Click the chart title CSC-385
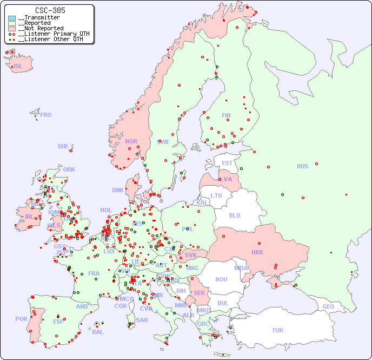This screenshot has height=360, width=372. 50,10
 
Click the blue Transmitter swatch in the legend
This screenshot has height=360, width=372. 12,18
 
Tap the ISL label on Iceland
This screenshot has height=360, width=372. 18,67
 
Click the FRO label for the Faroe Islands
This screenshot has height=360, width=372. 46,115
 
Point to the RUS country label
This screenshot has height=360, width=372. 302,166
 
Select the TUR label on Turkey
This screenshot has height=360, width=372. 277,330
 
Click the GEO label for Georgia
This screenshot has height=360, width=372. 328,306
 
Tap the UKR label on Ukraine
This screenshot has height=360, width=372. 257,252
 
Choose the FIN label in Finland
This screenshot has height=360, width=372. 226,115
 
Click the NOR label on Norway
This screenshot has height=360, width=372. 131,141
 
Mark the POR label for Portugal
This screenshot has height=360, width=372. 21,319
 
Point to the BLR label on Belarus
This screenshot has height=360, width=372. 235,215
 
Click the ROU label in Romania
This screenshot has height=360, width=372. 221,279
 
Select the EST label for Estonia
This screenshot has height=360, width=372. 227,163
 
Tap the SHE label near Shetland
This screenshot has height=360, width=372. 63,146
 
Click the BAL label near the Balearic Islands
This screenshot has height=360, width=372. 97,332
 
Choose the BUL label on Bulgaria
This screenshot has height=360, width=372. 223,303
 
